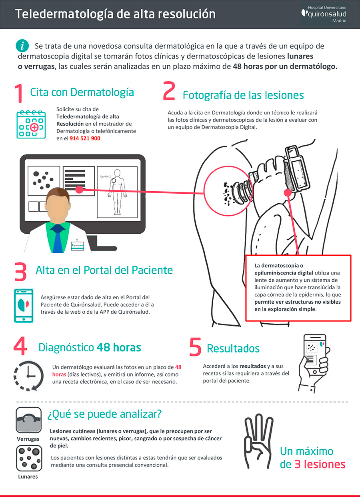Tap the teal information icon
(22, 45)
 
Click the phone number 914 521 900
(85, 138)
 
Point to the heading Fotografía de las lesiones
(243, 95)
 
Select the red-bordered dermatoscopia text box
(298, 288)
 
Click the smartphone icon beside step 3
(24, 305)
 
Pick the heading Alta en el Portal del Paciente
(104, 270)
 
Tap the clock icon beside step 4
(27, 376)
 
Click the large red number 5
(195, 347)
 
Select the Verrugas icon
(28, 420)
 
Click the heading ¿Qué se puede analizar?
(104, 414)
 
